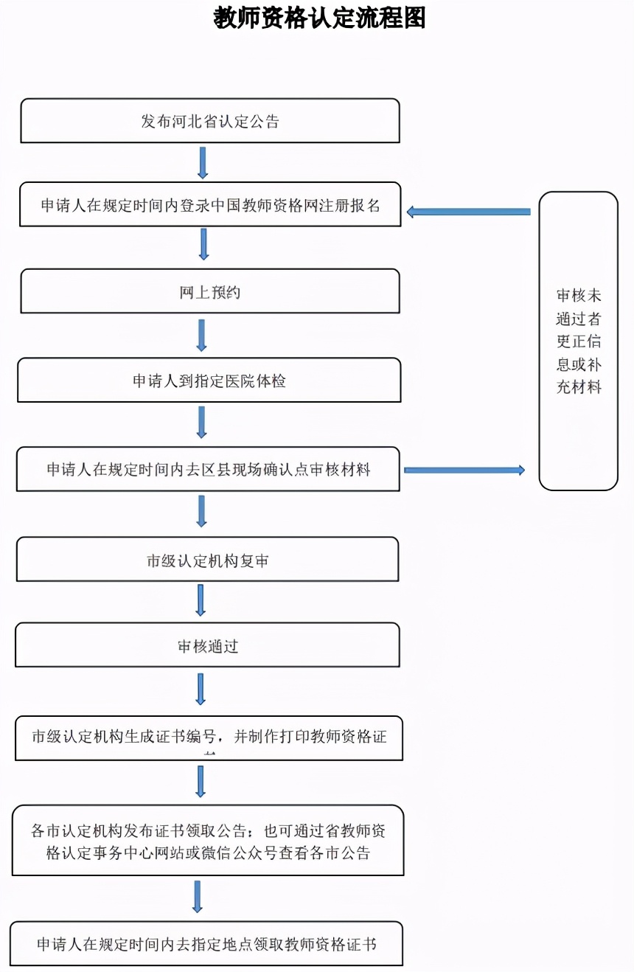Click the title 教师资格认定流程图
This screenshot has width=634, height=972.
(320, 18)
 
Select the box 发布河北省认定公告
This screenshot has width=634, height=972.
(210, 121)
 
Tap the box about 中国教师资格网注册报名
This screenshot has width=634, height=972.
(210, 204)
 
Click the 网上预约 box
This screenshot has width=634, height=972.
(210, 292)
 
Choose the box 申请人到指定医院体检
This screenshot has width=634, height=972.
(209, 381)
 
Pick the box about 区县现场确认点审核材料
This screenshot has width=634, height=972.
(209, 469)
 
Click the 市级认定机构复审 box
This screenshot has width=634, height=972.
(208, 560)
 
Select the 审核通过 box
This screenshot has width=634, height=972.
(208, 646)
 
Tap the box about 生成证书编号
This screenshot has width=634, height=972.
(209, 737)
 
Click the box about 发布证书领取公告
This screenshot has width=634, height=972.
(208, 841)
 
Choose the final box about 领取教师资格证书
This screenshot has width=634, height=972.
(207, 944)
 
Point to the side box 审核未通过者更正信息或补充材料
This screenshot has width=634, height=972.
(579, 341)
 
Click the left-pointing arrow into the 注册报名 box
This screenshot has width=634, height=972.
(468, 212)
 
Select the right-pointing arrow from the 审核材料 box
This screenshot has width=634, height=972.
(464, 470)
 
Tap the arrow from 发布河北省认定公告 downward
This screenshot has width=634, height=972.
(203, 162)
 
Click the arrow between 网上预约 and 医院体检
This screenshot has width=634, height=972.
(201, 336)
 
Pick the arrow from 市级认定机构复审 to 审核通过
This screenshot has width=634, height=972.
(200, 600)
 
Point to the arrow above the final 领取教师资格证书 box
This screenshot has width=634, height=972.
(197, 897)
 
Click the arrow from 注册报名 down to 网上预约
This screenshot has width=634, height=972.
(203, 244)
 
